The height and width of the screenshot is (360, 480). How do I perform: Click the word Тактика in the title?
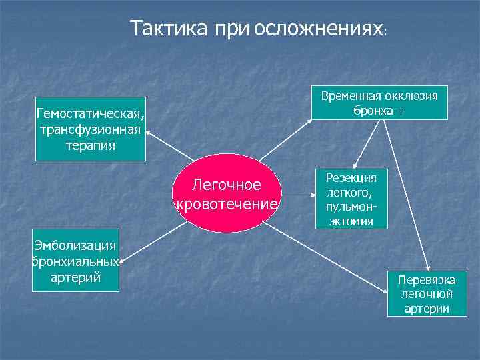coord(169,29)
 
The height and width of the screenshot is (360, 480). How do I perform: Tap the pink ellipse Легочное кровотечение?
coord(227,193)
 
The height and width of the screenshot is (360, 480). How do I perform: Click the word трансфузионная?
coord(91,129)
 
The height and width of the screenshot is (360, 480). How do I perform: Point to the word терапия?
coord(91,145)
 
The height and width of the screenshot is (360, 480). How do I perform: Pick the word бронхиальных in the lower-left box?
coord(76,261)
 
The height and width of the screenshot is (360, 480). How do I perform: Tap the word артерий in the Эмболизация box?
coord(76,277)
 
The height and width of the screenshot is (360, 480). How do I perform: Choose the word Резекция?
coord(351,177)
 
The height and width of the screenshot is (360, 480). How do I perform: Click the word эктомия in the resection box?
coord(351,221)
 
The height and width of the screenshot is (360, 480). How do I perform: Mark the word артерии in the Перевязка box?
coord(426,309)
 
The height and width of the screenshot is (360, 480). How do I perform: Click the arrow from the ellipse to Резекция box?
coord(299,196)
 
